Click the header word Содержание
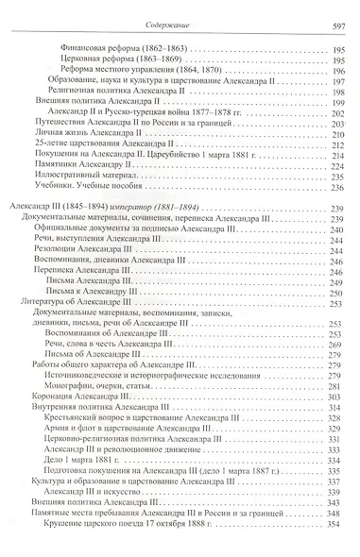(180, 9)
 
